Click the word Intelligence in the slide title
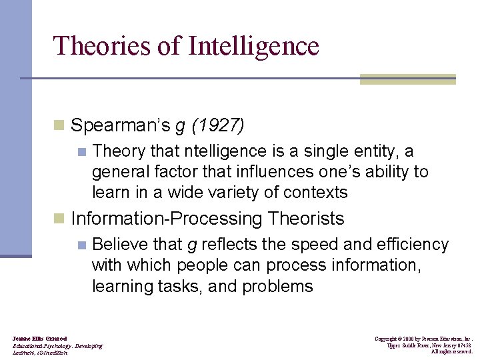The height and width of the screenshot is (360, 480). pos(254,47)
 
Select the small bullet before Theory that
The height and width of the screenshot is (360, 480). pos(81,151)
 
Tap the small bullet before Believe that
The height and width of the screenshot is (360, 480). pos(81,245)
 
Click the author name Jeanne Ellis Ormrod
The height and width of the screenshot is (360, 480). pos(39,339)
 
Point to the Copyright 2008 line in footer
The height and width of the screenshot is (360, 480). pos(423,339)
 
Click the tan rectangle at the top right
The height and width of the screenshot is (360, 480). pos(407,79)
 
